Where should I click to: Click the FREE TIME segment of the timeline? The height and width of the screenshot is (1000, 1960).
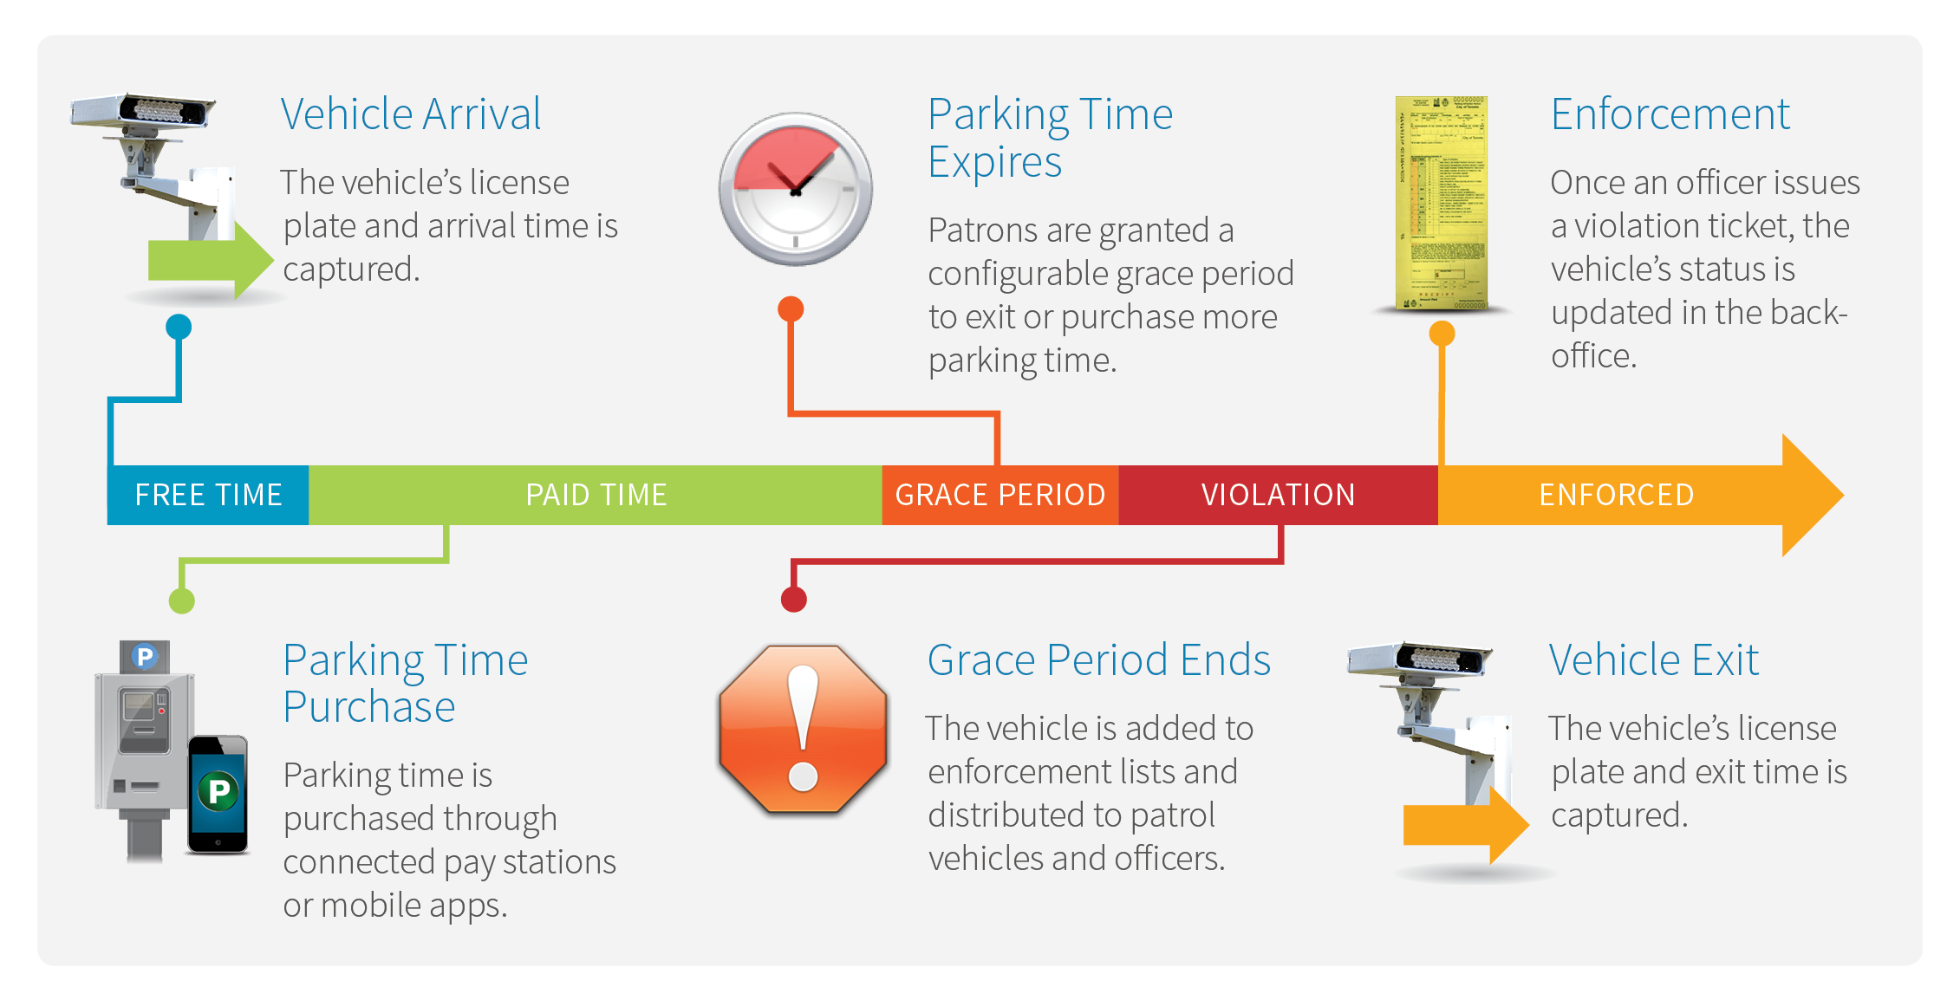208,495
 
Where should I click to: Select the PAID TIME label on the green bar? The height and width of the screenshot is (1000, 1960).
596,495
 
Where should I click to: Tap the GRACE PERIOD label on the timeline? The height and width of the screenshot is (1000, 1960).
1000,495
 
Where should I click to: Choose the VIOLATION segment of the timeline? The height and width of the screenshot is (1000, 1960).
1278,495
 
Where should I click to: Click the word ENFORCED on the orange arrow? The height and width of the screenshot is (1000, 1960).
1617,495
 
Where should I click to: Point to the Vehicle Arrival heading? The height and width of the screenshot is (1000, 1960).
411,114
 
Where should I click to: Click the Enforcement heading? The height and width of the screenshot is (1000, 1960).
1670,114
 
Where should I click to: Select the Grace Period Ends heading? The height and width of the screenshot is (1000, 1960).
1098,660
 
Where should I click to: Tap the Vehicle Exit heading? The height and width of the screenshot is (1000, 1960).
1654,660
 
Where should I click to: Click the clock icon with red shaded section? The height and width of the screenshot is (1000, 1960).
796,189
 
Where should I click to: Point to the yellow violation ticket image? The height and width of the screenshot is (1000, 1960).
1442,203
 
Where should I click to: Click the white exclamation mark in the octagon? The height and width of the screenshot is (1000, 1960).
804,728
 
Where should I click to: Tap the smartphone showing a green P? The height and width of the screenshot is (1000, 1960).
218,794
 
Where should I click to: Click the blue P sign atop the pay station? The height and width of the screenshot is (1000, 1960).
145,656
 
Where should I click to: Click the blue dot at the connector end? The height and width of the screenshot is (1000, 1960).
179,327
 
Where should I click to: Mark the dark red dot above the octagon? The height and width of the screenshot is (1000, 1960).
794,599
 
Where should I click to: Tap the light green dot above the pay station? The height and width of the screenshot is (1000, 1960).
182,601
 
